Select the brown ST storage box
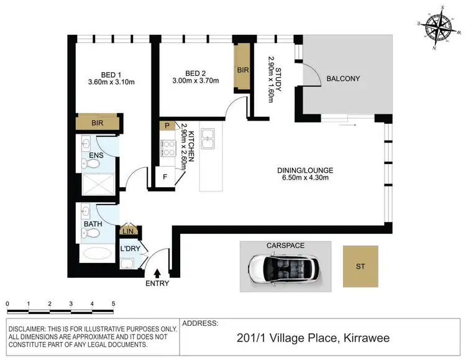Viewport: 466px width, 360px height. point(360,266)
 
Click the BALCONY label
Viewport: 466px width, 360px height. point(343,78)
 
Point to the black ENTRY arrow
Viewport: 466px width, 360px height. point(156,273)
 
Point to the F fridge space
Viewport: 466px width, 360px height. point(165,176)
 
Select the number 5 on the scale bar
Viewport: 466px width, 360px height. point(113,304)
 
